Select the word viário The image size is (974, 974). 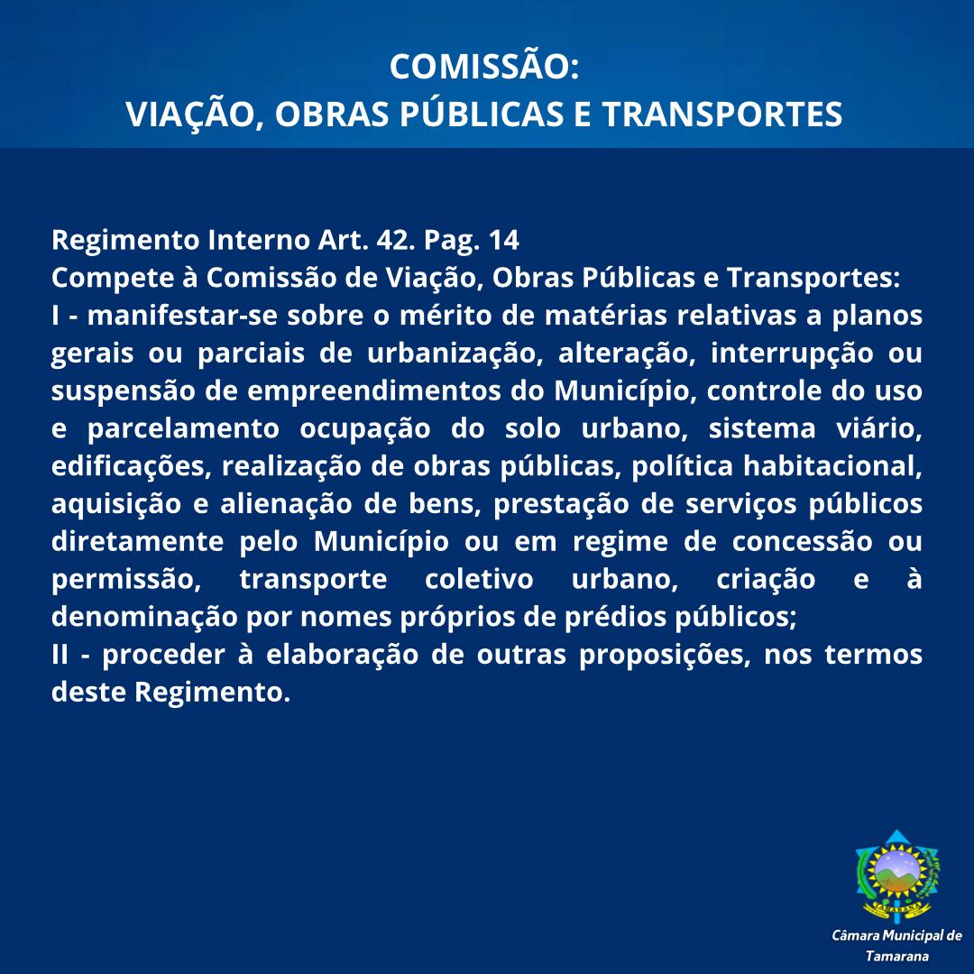(880, 429)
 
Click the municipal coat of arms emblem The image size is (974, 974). (896, 874)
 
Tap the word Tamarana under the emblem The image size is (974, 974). (896, 956)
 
